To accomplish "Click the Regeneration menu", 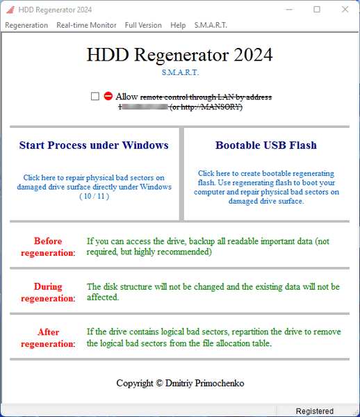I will tap(26, 25).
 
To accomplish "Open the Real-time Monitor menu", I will tap(86, 25).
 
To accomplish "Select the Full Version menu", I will tap(143, 25).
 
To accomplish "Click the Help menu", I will tap(178, 25).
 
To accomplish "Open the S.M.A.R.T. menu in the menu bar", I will tap(211, 25).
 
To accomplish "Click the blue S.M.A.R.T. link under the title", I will tap(179, 72).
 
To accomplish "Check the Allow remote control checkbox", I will tap(95, 97).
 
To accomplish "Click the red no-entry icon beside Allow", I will tap(108, 97).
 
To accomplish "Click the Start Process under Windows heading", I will tap(94, 145).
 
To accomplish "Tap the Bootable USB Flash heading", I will tap(265, 145).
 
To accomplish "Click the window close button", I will tap(344, 10).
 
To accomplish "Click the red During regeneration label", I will tap(48, 293).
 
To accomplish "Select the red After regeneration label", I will tap(48, 338).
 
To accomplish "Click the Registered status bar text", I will tap(314, 411).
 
